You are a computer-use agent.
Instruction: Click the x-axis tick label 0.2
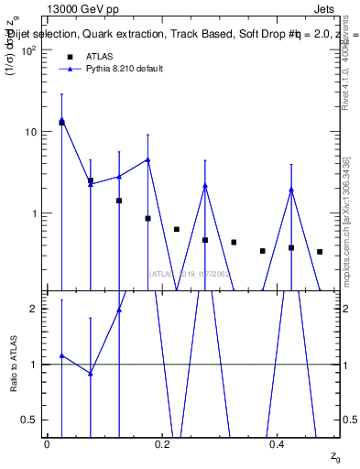click(x=162, y=444)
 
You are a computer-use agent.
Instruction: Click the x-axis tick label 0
click(x=47, y=444)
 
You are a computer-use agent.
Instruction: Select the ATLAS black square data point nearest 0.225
click(x=177, y=229)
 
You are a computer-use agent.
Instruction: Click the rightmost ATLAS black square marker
click(x=320, y=252)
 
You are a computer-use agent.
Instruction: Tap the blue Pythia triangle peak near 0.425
click(x=291, y=190)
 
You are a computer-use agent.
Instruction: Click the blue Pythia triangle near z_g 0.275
click(x=205, y=186)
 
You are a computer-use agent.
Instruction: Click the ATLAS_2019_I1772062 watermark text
click(x=190, y=273)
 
